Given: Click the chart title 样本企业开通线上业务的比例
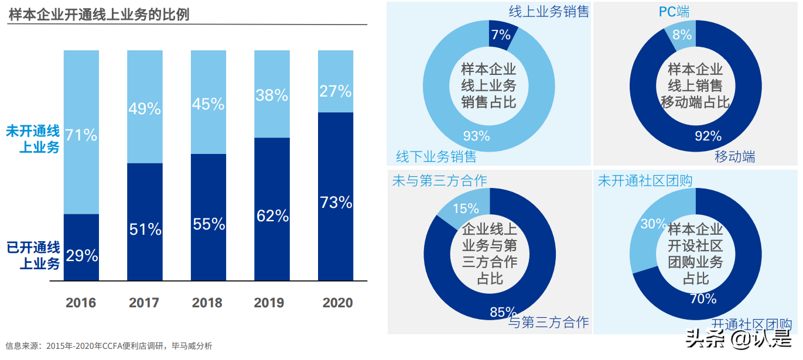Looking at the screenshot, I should [x=99, y=15].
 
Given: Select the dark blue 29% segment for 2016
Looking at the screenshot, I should [x=81, y=248].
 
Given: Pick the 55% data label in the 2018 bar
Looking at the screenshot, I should [x=209, y=224].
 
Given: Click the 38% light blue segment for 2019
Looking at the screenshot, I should [x=272, y=95].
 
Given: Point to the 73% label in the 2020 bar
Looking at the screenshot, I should [x=336, y=203].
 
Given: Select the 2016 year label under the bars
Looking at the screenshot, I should [x=81, y=303].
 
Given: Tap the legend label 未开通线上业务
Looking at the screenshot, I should [x=33, y=139].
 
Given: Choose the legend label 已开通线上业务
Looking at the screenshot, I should [x=33, y=256].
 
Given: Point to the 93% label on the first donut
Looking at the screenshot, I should [x=476, y=136].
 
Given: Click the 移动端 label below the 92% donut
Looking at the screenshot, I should [x=734, y=157].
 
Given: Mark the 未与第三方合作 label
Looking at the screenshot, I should [x=439, y=180].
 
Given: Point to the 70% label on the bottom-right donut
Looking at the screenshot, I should [x=703, y=299].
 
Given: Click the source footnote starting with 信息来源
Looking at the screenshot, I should [x=109, y=346].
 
